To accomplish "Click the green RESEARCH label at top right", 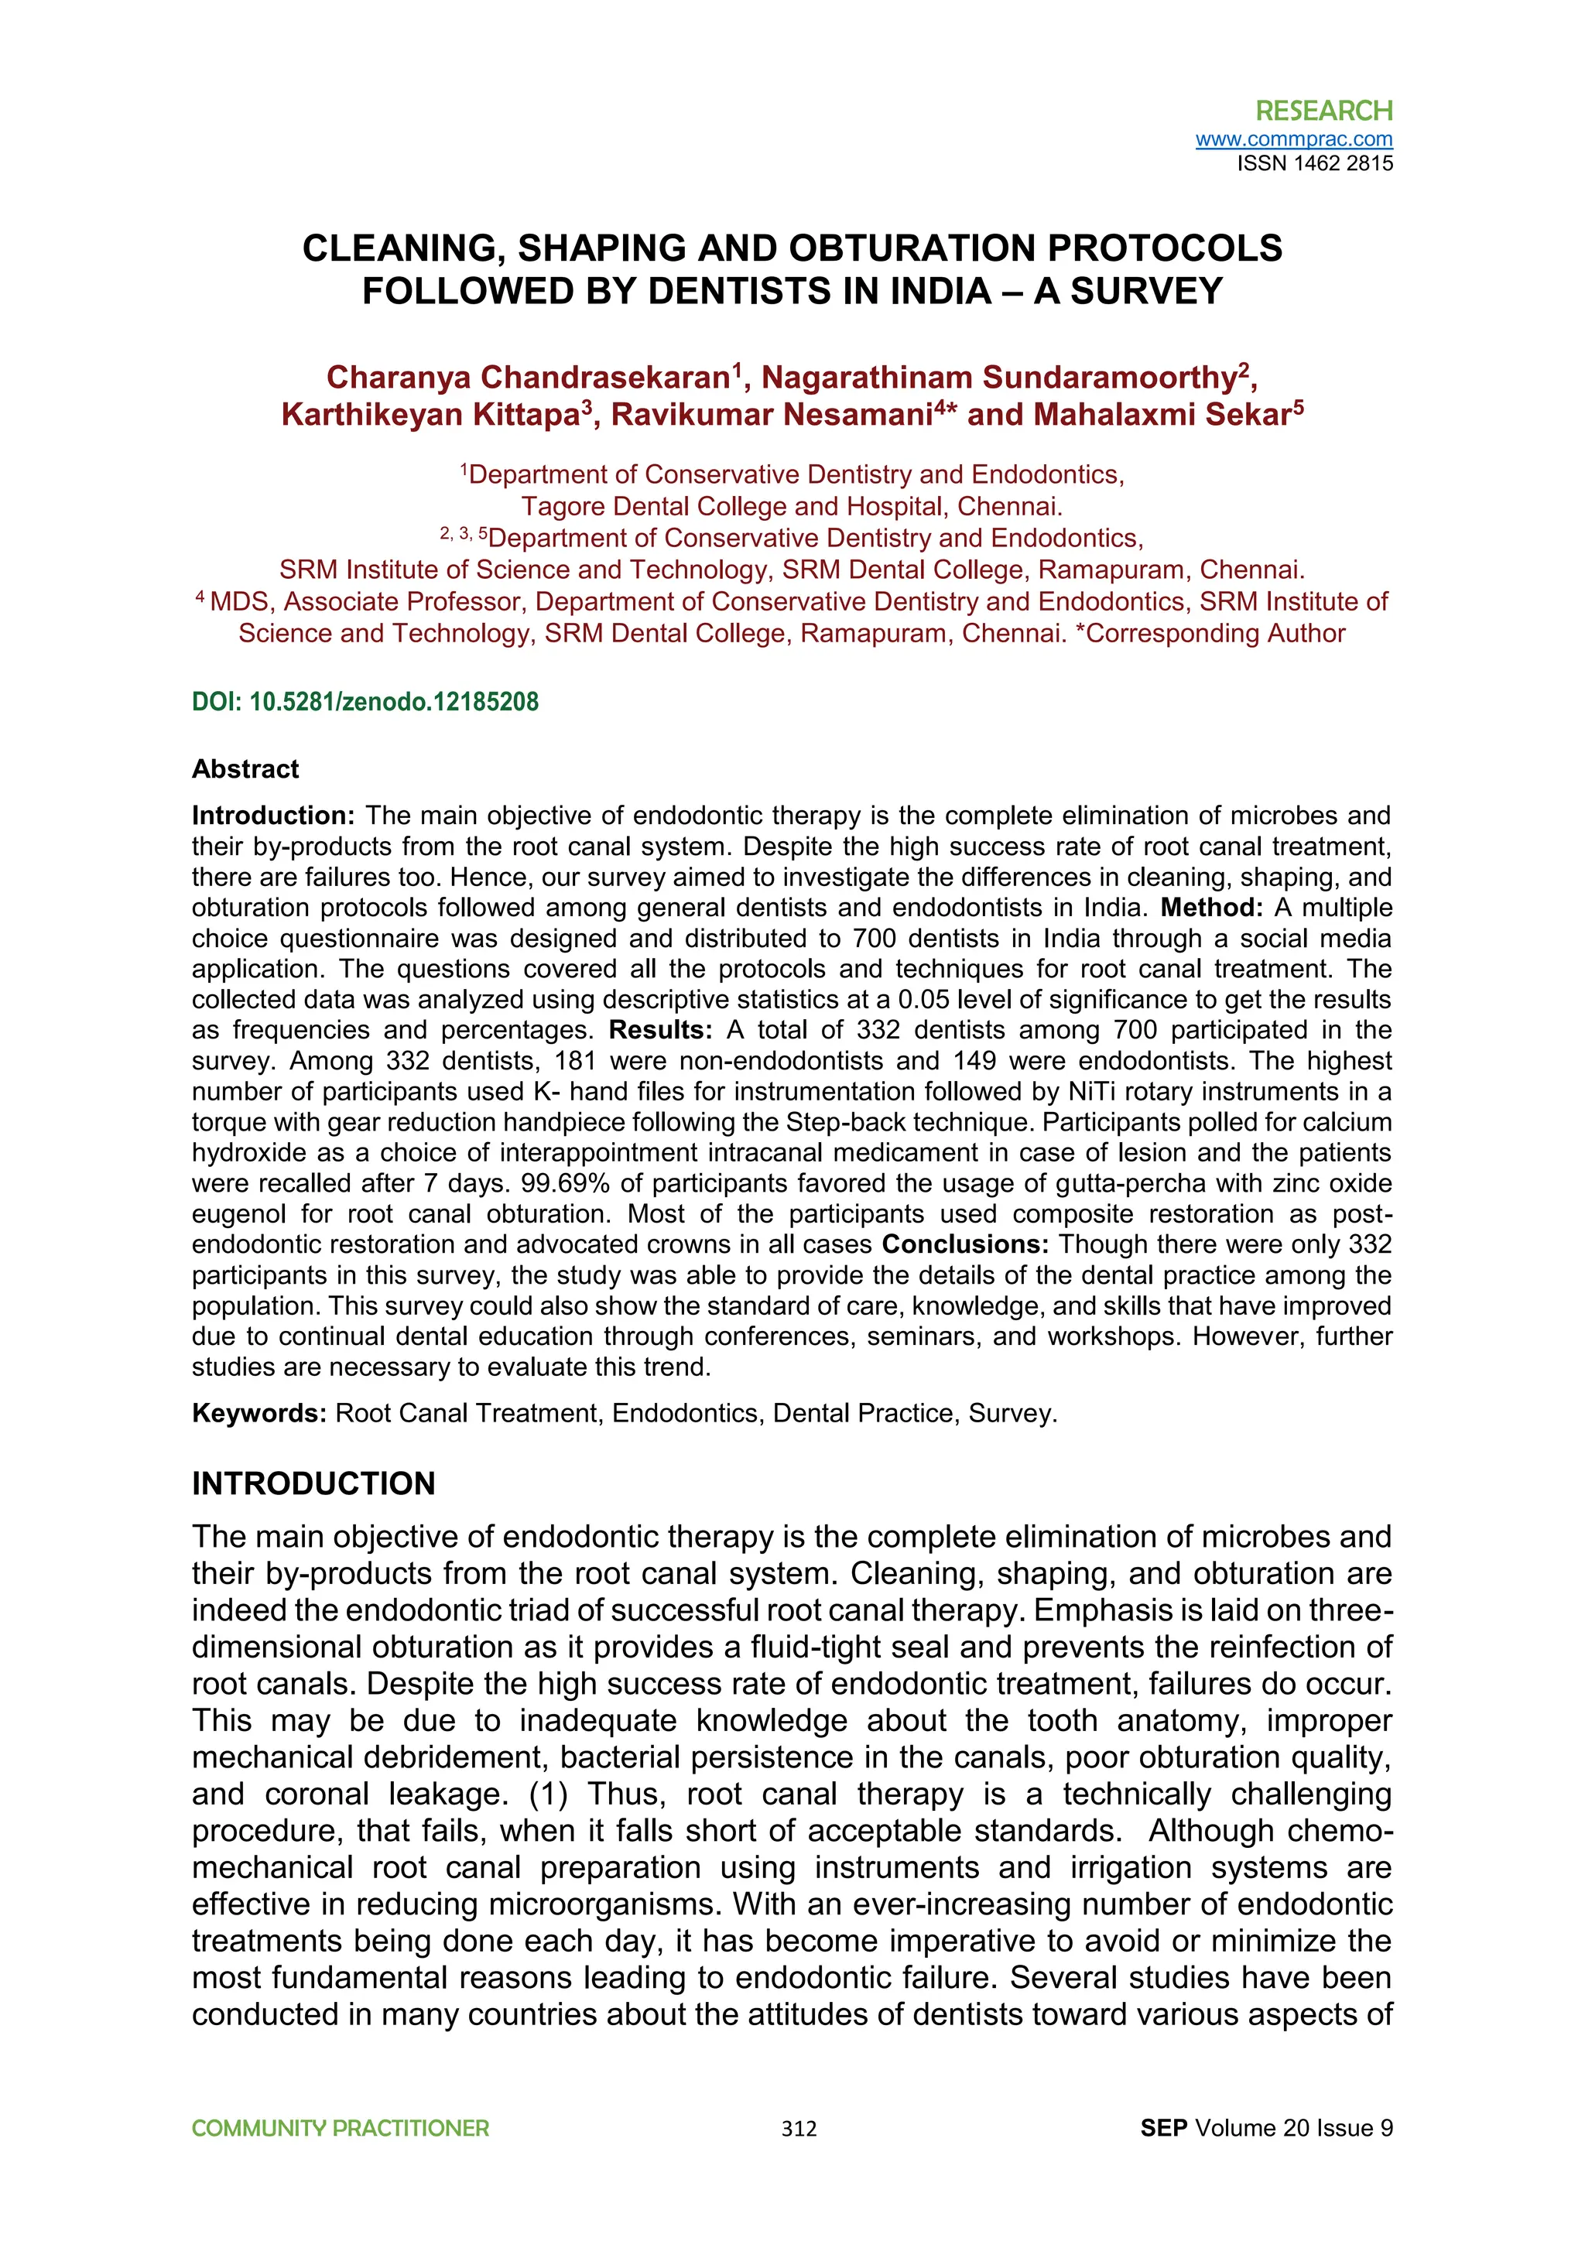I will (x=1323, y=111).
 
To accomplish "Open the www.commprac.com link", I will (x=1293, y=139).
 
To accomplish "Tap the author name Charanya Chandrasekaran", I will (x=528, y=378).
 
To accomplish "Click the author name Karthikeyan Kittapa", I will (x=430, y=415).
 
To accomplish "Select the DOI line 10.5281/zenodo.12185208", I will (x=365, y=702).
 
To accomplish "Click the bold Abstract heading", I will (x=245, y=769).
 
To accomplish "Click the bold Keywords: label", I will (x=258, y=1413).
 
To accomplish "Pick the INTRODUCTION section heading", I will (x=313, y=1483).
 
